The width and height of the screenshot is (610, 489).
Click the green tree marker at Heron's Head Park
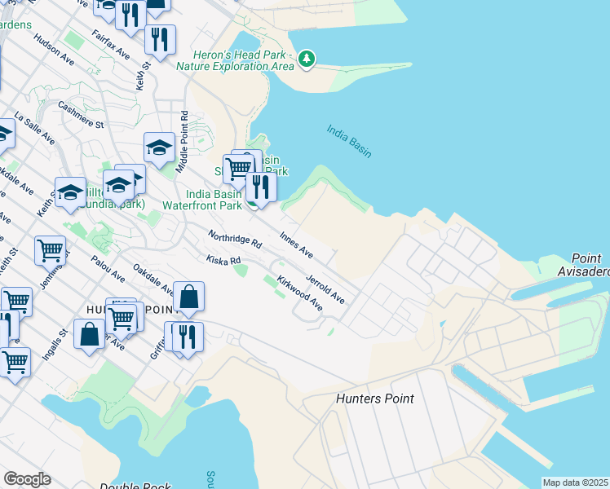pos(307,58)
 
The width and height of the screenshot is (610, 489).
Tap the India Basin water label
pos(349,140)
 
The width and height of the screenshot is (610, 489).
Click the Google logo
pos(27,479)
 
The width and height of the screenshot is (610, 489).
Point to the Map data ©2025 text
pos(574,482)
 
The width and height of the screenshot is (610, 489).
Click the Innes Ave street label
pos(296,243)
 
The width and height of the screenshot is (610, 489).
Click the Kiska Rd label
pos(223,260)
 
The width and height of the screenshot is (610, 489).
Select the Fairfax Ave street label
pos(111,44)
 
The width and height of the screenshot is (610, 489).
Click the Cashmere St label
pos(82,115)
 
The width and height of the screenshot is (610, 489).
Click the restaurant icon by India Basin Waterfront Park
pos(261,185)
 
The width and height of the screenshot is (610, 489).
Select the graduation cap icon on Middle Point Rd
pos(160,148)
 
